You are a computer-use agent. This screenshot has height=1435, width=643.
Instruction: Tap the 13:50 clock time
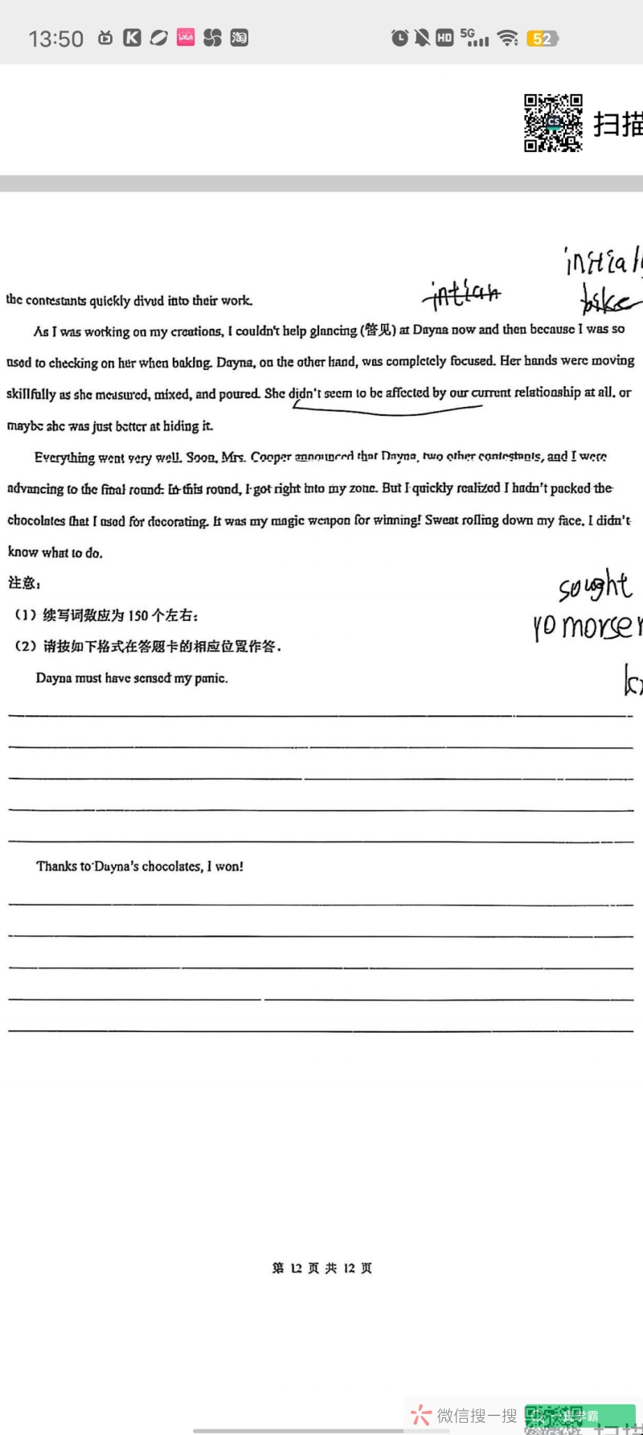point(55,39)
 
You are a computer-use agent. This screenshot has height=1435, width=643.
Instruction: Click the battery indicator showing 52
point(542,39)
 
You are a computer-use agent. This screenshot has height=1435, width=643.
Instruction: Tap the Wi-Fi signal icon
point(507,38)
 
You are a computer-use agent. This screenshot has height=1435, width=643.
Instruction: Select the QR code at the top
point(553,123)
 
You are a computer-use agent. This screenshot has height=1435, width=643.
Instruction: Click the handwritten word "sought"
point(595,586)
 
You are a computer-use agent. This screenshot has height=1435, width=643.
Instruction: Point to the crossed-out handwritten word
point(465,294)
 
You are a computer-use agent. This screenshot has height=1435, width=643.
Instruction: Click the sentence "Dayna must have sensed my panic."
point(132,678)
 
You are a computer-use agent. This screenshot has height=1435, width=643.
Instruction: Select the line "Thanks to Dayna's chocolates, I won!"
point(139,866)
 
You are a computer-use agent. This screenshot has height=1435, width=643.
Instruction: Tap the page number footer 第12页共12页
point(321,1268)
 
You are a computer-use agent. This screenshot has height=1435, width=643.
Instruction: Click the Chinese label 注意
point(23,582)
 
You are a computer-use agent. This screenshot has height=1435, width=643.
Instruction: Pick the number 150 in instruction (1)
point(138,615)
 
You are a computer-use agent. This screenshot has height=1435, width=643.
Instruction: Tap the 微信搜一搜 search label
point(477,1415)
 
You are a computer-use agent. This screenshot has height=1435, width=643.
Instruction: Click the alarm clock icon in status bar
point(399,38)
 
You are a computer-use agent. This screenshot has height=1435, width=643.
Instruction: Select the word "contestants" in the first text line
point(55,300)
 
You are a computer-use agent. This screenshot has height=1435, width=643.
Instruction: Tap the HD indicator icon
point(444,38)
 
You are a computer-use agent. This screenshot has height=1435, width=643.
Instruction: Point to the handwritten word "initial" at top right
point(603,261)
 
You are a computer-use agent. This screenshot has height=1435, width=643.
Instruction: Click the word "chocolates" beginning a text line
point(36,520)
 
